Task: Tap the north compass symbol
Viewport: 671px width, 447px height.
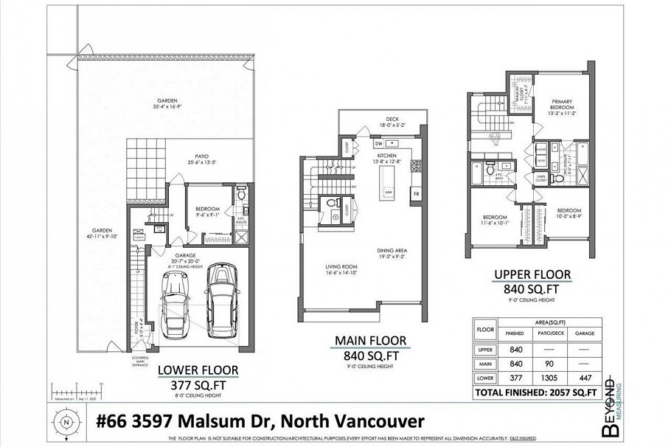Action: [x=67, y=423]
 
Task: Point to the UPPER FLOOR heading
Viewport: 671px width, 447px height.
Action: [x=532, y=275]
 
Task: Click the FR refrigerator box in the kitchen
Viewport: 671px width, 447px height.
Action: [x=416, y=194]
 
